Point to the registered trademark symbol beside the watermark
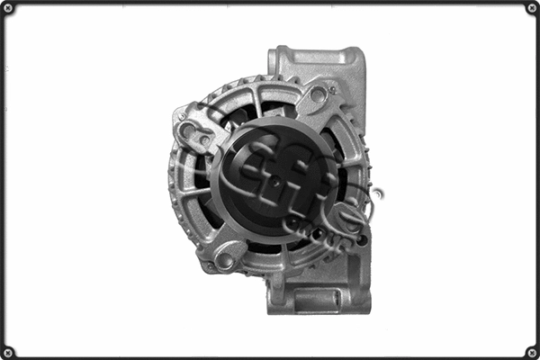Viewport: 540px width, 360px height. click(377, 193)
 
